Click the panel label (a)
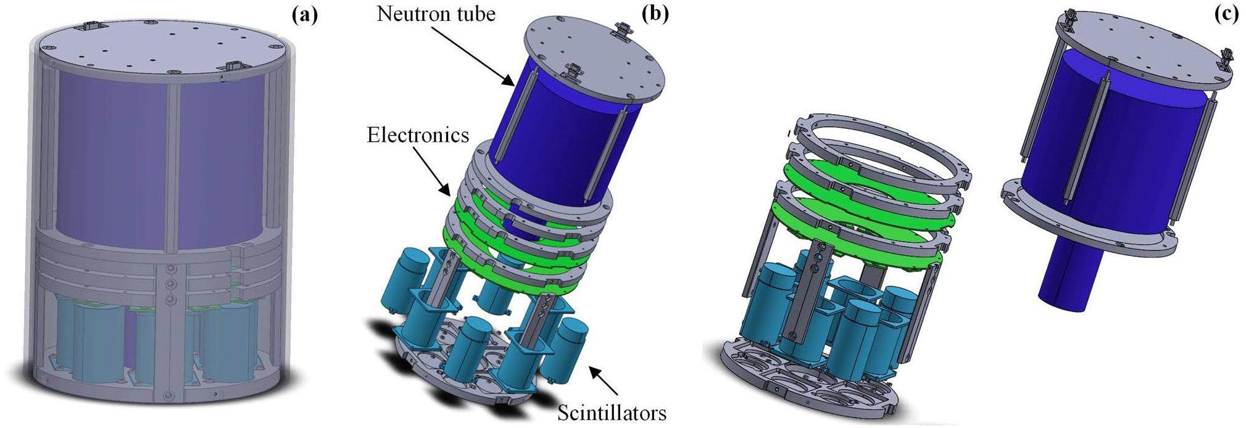pos(304,14)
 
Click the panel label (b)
pos(655,14)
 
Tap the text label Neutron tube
pos(436,14)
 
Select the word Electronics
pos(418,135)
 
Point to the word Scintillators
pos(612,412)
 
